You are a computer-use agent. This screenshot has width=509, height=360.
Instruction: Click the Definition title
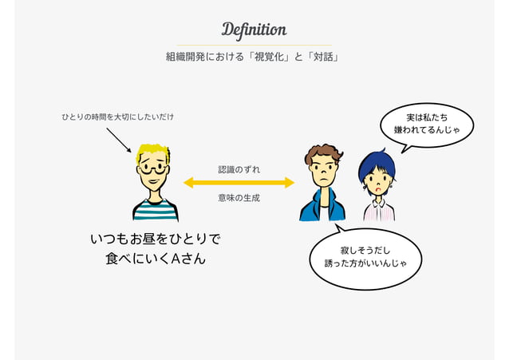coord(254,30)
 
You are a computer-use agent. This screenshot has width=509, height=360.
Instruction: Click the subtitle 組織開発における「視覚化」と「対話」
coord(254,57)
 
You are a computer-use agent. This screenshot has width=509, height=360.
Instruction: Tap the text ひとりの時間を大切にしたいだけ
coord(118,117)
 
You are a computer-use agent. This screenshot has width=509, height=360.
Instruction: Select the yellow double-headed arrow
coord(239,183)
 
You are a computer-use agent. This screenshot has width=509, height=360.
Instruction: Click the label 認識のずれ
coord(239,169)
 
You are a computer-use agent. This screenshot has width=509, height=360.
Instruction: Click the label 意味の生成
coord(239,197)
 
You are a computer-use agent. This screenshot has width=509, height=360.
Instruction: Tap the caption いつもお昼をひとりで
coord(156,239)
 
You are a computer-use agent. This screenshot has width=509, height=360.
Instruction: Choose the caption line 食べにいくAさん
coord(156,259)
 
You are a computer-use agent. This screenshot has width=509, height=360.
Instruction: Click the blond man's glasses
coord(153,168)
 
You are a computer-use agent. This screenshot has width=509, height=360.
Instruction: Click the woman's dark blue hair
coord(377,162)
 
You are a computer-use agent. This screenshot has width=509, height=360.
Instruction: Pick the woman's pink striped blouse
coord(379,209)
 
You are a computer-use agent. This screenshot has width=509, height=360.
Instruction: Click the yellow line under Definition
coord(254,45)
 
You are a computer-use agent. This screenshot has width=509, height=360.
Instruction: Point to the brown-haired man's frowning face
coord(323,171)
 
